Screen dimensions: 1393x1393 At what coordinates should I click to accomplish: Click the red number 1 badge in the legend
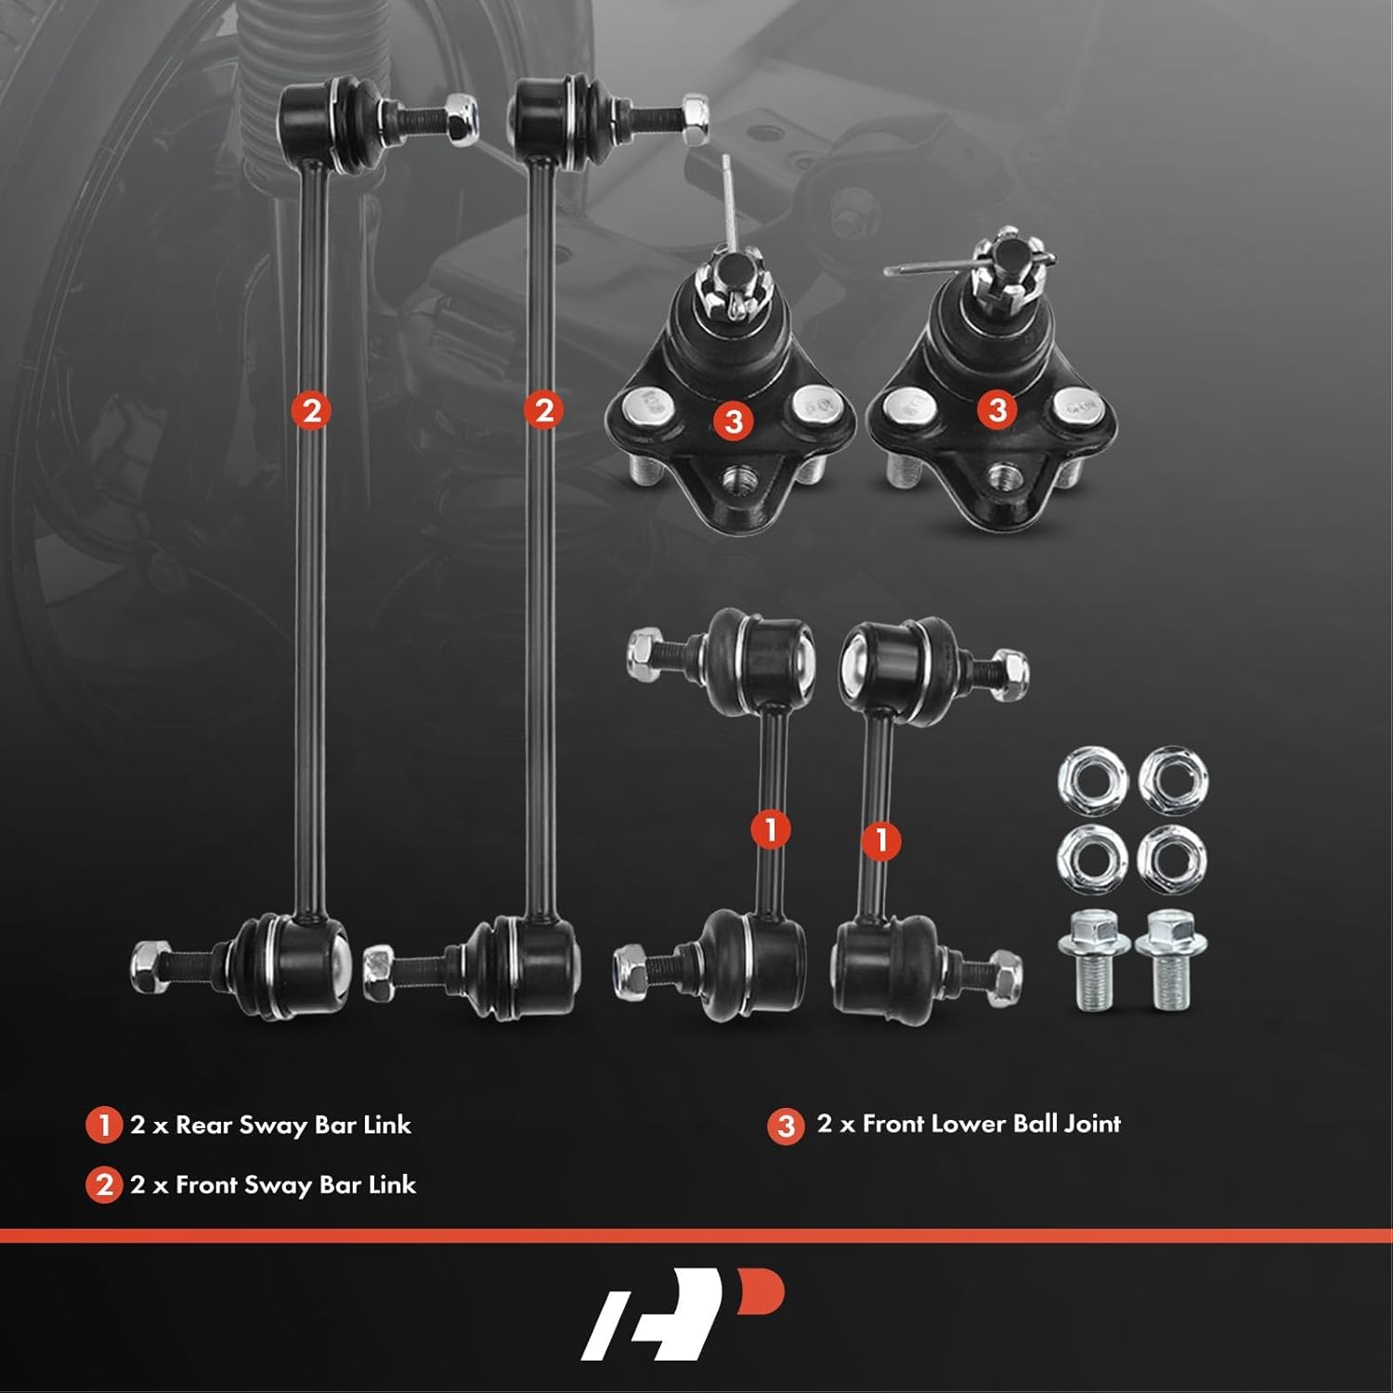coord(103,1125)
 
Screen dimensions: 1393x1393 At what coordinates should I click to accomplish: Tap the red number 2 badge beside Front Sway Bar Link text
coord(103,1185)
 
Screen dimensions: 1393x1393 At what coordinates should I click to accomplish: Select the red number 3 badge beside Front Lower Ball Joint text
coord(786,1126)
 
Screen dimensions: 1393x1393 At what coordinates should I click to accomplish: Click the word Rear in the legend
coord(203,1125)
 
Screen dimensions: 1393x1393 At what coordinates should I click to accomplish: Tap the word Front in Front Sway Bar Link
coord(204,1185)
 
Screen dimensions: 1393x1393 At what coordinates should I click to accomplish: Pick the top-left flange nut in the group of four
coord(1092,778)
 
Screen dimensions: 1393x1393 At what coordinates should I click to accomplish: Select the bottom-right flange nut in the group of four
coord(1172,859)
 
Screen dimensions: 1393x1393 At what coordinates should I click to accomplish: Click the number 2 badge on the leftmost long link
coord(311,410)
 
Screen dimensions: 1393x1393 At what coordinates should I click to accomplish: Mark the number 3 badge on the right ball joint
coord(997,410)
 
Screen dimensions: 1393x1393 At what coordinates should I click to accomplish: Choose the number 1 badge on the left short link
coord(770,829)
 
